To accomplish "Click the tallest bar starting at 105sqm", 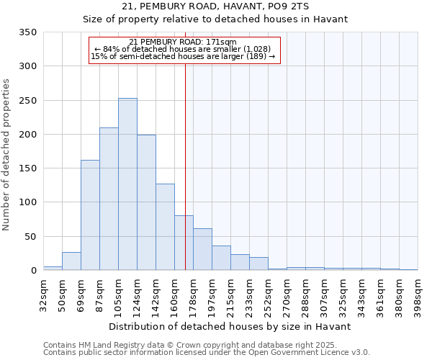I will pos(127,184).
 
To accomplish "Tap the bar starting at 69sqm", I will pos(90,215).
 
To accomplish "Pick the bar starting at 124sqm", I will pos(146,202).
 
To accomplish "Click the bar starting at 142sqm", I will pos(165,228).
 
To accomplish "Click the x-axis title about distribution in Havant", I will pos(230,326).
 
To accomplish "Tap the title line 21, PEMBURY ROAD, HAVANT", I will pos(215,6).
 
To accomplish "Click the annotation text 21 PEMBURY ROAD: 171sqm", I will pos(183,42).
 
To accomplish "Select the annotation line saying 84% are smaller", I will pos(183,49).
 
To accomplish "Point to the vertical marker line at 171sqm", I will pos(185,166).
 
